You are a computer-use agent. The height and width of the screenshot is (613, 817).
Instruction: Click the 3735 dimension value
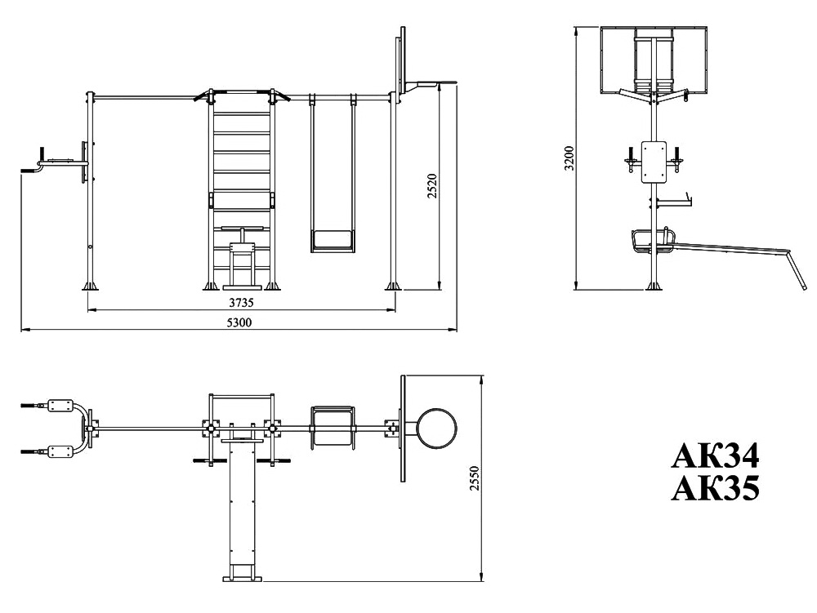tap(241, 302)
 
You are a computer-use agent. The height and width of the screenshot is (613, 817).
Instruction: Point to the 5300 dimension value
tap(239, 322)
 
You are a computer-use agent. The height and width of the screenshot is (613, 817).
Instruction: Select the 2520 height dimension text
tap(432, 186)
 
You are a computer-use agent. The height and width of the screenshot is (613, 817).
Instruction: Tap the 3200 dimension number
tap(569, 158)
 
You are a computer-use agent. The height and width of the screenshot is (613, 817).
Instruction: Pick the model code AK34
tap(715, 456)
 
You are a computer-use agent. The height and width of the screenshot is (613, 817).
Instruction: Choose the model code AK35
tap(715, 488)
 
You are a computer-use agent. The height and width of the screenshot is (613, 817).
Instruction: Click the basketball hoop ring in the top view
tap(436, 429)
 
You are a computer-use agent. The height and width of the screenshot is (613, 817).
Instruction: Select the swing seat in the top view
tap(333, 427)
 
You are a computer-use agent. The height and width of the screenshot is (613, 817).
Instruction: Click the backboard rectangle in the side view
tap(654, 60)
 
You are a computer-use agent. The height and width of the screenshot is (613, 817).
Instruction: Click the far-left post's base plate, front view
tap(90, 287)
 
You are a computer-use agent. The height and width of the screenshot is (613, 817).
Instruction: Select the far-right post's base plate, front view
tap(394, 287)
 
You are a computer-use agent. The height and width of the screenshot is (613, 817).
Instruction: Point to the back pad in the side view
tap(654, 162)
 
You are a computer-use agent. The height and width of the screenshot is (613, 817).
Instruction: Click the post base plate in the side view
tap(654, 287)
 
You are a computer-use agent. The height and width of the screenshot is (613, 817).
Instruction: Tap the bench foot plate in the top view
tap(243, 578)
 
